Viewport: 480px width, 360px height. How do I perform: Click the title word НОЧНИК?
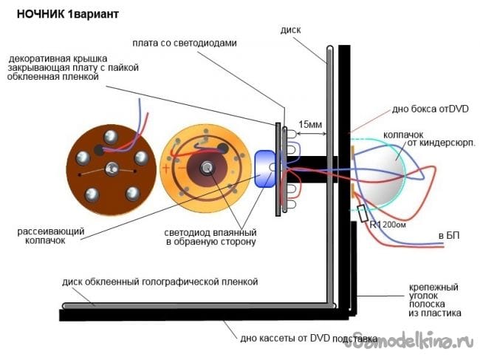[x=39, y=14]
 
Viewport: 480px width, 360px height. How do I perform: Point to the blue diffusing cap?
[x=264, y=169]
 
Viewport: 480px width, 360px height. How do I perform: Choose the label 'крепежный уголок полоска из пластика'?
[x=435, y=299]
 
